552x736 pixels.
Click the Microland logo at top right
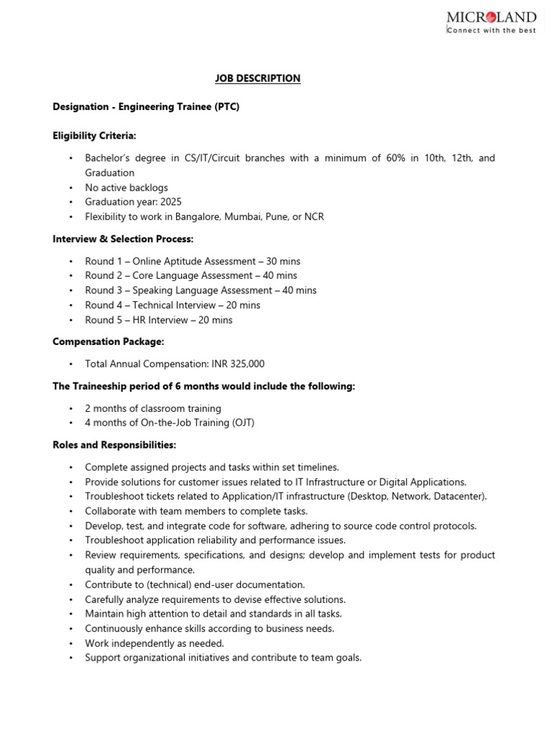point(491,17)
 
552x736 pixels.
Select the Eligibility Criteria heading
point(94,135)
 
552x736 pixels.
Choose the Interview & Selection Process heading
point(123,239)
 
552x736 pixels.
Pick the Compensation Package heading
point(109,342)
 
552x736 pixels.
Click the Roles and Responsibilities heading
point(114,446)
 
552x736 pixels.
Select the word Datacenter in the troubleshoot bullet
point(460,496)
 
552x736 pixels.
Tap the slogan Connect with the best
point(492,31)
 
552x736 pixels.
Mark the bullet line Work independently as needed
point(155,643)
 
